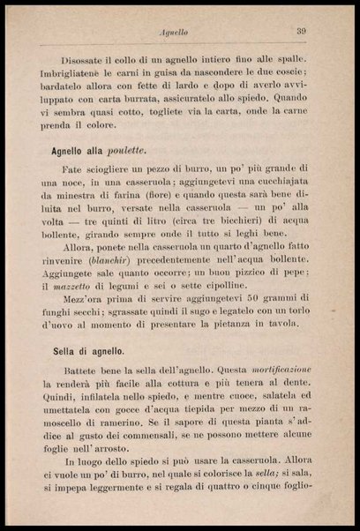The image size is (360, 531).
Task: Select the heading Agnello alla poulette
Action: [x=98, y=148]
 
